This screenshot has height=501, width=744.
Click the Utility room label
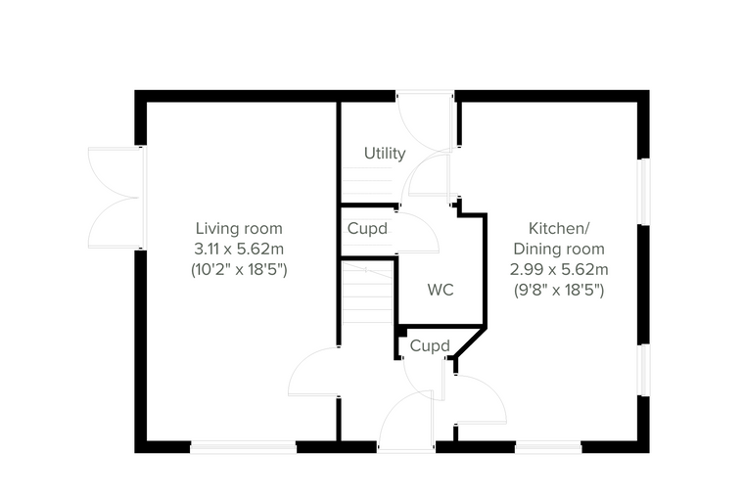pos(385,154)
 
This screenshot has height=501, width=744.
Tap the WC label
pos(441,290)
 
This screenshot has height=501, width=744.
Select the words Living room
pos(239,228)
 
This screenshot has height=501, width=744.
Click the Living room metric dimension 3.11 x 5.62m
pos(239,249)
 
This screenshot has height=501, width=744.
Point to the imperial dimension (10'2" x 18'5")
pos(239,269)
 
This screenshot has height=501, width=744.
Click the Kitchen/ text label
pos(559,228)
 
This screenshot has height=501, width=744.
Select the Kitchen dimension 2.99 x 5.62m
pos(559,269)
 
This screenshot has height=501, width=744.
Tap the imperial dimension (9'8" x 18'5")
pos(559,290)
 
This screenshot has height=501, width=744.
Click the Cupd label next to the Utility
pos(367,229)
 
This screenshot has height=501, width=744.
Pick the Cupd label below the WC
pos(430,345)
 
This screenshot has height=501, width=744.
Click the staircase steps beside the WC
pos(367,292)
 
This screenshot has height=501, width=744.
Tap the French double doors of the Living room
pos(116,198)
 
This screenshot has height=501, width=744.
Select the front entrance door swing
pos(406,420)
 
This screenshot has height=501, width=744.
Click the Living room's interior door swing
pos(313,372)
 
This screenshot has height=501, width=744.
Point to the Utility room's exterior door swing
pos(424,121)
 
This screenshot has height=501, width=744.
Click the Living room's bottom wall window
pos(244,447)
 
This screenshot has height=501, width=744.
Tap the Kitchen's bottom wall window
pos(548,447)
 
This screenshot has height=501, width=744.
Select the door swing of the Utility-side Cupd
pos(417,233)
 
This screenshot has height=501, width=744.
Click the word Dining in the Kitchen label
pos(535,249)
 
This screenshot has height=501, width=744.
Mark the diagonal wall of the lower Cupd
pos(470,342)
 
